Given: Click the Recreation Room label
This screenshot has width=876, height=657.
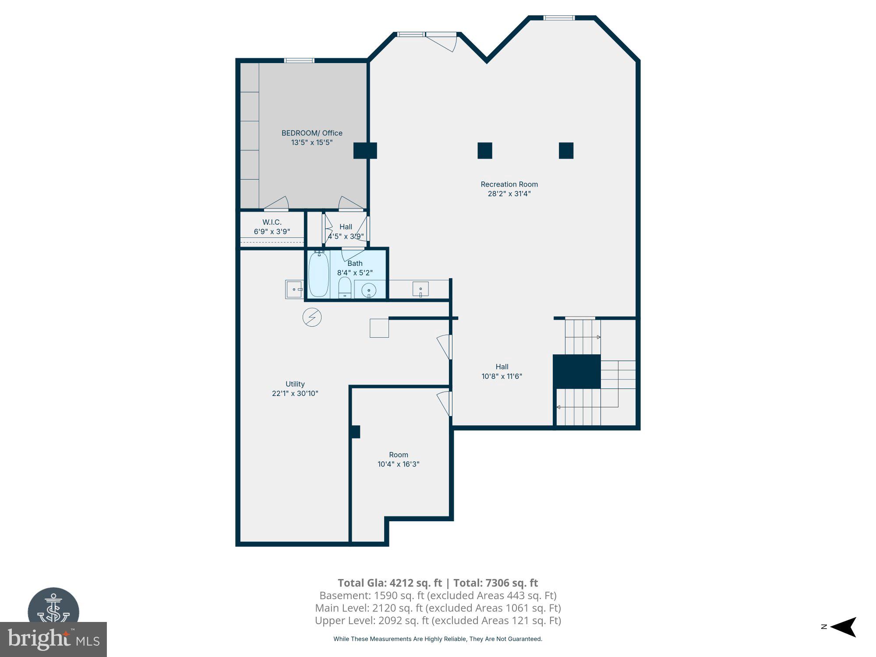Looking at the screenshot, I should (509, 184).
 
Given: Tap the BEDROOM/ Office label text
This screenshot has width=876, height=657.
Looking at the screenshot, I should (312, 133).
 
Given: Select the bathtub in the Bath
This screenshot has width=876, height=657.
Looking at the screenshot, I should (318, 275).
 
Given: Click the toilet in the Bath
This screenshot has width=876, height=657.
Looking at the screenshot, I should (345, 287).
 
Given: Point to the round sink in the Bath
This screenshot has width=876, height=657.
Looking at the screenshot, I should (369, 290).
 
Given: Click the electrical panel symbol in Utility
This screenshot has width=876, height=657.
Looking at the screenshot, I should (312, 317).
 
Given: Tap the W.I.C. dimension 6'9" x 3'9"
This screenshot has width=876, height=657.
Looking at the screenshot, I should (272, 232).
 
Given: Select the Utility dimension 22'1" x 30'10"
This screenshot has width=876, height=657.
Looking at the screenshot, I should (295, 393).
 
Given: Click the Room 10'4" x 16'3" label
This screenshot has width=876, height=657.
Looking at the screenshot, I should (398, 459).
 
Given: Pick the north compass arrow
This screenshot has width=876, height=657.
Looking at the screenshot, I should (843, 627).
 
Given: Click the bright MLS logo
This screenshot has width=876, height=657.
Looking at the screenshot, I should (53, 639).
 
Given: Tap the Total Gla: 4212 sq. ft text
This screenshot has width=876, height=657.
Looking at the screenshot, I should (389, 583).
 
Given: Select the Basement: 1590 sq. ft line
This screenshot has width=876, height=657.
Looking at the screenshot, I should (438, 596).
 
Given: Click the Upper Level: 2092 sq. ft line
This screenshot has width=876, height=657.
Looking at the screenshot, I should (438, 621).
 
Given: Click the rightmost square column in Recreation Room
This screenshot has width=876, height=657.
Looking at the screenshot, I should (566, 151).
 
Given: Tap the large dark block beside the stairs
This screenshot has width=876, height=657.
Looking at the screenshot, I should (576, 371).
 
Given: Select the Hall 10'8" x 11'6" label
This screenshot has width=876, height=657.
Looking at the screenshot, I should (502, 371).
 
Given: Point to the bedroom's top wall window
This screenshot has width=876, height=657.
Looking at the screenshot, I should (299, 60).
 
